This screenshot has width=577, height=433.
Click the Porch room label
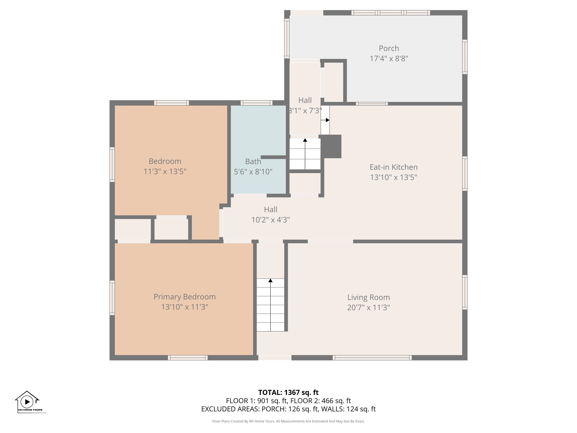(x=389, y=48)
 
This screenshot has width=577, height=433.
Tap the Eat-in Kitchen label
(x=393, y=167)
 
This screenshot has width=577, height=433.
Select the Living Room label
(x=368, y=297)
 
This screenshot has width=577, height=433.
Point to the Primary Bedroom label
(x=184, y=297)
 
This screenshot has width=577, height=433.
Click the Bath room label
(x=253, y=162)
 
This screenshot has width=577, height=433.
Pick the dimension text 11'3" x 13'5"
(x=165, y=171)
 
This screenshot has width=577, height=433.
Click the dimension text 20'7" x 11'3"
(x=368, y=307)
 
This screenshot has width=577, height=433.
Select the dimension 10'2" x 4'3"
(x=270, y=220)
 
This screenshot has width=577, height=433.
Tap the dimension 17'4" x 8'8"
(x=389, y=58)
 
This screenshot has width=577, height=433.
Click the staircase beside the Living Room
(x=270, y=305)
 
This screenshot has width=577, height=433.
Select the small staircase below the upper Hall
(x=305, y=154)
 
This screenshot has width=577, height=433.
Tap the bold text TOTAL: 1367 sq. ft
(x=288, y=392)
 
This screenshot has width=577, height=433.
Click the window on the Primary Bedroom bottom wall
(x=188, y=358)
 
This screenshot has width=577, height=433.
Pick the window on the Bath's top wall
(x=256, y=103)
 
